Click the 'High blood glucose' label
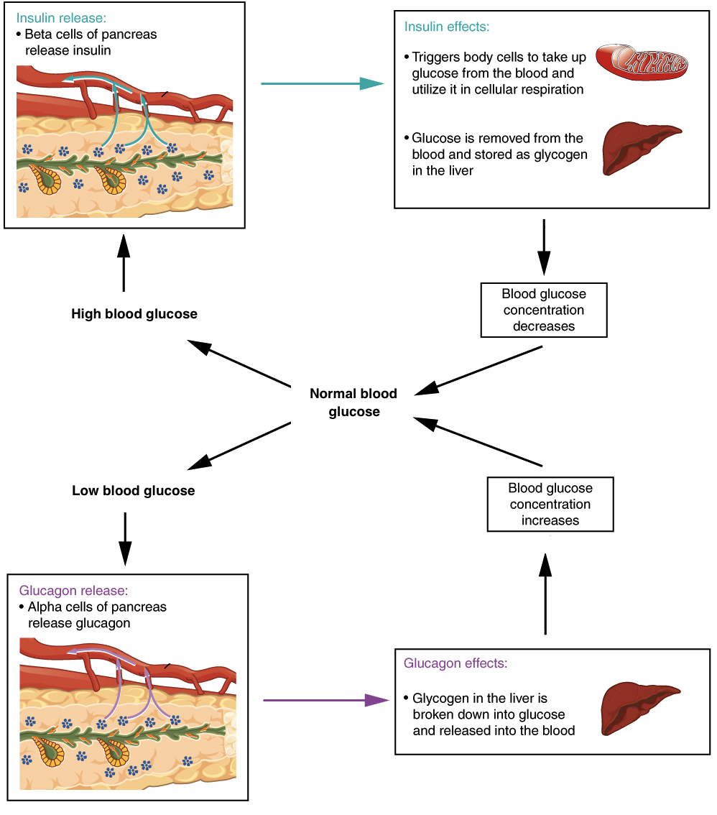point(134,314)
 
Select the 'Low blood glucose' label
point(134,491)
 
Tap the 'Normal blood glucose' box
point(353,402)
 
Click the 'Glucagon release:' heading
point(73,591)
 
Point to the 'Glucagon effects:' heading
point(455,663)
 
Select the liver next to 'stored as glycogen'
point(639,147)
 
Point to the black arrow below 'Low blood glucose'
point(125,538)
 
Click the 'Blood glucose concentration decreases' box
point(545,310)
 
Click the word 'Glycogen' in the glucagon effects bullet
point(438,699)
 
